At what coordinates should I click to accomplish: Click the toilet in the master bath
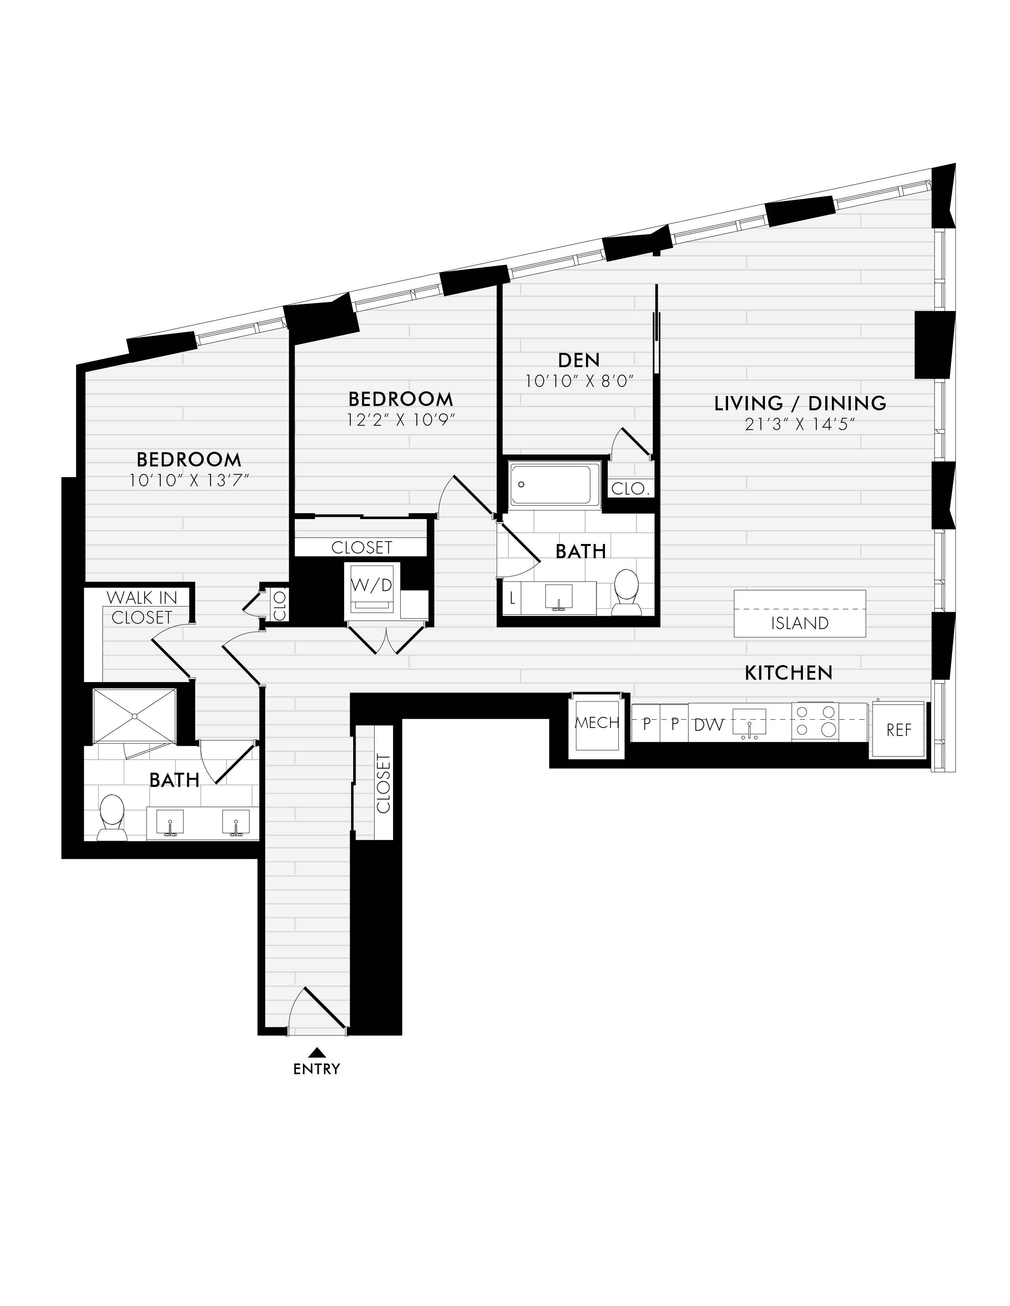coord(112,817)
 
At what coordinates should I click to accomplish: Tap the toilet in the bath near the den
coord(626,591)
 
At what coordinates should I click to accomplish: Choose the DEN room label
coord(578,360)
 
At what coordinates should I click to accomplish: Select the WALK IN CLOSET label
coord(142,607)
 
